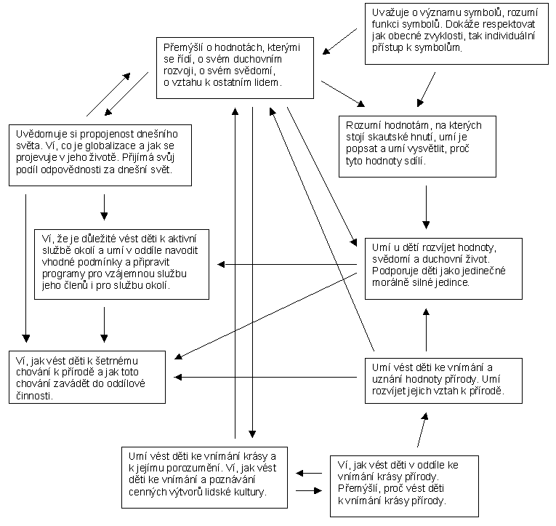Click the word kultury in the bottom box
click(x=248, y=492)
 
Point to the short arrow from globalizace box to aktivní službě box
click(x=104, y=207)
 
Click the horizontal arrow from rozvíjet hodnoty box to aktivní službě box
click(x=288, y=264)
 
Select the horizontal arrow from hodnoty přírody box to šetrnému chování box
click(x=269, y=377)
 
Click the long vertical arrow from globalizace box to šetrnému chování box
click(x=26, y=268)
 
